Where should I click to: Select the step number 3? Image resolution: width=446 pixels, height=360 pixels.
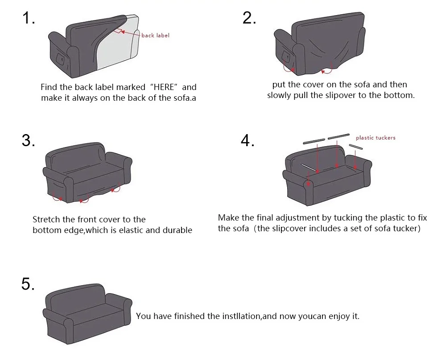[x=28, y=140]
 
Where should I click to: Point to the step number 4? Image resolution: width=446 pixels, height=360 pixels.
[x=248, y=140]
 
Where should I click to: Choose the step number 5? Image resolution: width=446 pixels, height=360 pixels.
[x=28, y=284]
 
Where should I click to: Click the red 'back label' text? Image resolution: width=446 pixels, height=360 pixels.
[x=155, y=35]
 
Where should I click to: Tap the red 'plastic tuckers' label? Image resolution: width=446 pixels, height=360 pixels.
[x=376, y=138]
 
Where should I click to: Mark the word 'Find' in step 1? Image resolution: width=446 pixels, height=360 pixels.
[x=49, y=87]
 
